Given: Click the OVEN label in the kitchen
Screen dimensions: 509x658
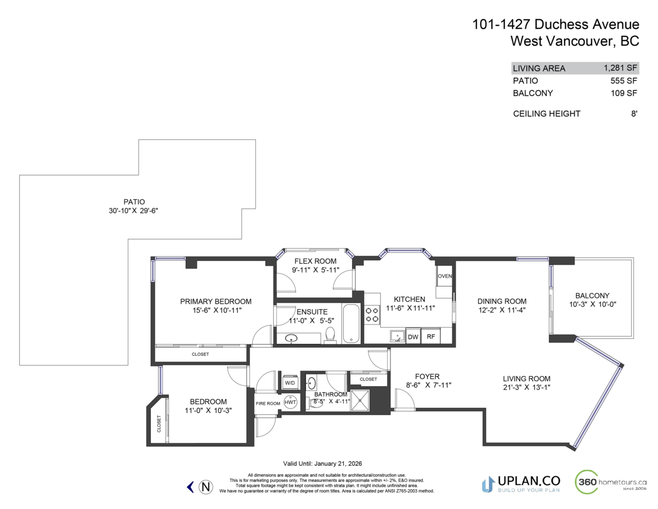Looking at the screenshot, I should pos(445,276).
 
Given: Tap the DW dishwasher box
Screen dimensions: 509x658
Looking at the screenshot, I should pos(413,337).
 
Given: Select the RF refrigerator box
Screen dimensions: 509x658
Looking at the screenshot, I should pos(430,337).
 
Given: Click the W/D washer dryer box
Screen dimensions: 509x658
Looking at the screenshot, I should pos(290,382).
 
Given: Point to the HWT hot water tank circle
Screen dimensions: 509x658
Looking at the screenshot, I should pos(290,402).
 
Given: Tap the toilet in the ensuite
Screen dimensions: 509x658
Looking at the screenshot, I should pos(330,334).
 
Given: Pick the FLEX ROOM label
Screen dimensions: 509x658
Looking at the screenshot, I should pos(315,261).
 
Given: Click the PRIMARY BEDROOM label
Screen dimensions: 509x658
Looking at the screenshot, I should pos(215,301).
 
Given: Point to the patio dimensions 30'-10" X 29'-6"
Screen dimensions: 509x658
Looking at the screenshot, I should pos(134,210).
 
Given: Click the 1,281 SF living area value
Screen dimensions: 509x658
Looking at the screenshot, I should pos(620,68).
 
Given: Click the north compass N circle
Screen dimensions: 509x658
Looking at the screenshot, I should pos(206,486).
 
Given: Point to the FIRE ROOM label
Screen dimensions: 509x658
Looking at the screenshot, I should pos(268,404).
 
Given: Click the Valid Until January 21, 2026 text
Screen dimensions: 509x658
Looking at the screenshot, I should pos(322,463).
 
